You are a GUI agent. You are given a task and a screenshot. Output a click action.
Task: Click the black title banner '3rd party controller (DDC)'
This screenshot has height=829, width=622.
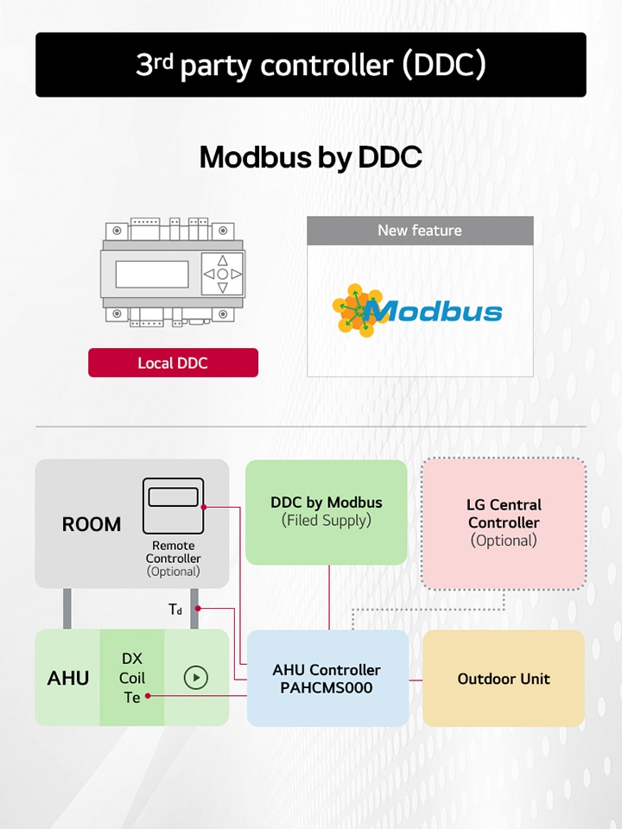(311, 65)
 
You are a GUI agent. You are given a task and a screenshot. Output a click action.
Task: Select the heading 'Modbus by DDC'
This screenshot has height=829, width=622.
(311, 157)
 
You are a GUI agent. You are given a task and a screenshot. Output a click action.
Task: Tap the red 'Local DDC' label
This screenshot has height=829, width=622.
(173, 363)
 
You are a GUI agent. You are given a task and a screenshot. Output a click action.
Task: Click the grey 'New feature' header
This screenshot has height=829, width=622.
(420, 231)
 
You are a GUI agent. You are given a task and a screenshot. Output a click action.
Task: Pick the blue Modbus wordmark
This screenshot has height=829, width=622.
(439, 311)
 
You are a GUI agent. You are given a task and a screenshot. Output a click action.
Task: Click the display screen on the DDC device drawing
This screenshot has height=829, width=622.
(152, 274)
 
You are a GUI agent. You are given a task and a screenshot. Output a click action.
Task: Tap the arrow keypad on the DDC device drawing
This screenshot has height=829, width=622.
(222, 274)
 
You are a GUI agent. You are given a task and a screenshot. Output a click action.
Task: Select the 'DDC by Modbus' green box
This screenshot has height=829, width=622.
(327, 511)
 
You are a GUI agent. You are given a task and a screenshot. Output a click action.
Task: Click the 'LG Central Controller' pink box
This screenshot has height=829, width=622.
(504, 522)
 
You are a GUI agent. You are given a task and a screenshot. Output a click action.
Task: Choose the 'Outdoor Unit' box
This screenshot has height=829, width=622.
(504, 679)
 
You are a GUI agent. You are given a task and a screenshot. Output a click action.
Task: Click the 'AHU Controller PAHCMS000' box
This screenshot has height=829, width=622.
(327, 679)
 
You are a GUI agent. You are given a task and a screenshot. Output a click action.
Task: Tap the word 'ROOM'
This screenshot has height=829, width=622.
(92, 524)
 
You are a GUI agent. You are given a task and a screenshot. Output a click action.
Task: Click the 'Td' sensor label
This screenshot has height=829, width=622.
(175, 610)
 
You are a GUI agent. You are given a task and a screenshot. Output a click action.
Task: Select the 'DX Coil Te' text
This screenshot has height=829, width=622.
(132, 678)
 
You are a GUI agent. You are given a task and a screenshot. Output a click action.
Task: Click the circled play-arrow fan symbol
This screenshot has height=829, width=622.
(196, 678)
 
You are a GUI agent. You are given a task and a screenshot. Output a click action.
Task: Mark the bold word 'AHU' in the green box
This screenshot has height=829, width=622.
(68, 678)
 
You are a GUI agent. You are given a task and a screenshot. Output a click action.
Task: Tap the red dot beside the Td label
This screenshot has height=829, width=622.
(198, 609)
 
